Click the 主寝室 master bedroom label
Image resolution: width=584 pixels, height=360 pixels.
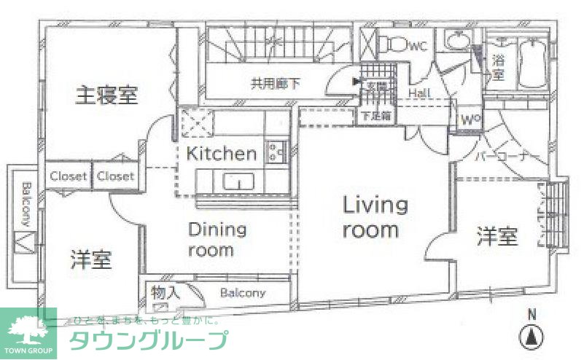tap(107, 95)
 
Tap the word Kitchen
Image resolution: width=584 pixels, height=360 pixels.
tap(222, 154)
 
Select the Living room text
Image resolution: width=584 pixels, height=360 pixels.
tap(375, 217)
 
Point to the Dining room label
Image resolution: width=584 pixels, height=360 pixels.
tap(217, 240)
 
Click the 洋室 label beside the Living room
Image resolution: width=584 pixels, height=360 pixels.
tap(497, 236)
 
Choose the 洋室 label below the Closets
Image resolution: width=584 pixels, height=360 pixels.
tap(91, 259)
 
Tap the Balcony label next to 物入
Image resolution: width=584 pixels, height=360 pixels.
tap(243, 293)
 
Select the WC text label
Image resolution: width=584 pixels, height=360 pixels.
tap(416, 47)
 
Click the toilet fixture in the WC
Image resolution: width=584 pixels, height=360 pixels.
tap(394, 44)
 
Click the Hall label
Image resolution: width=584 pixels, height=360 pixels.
tap(418, 94)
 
